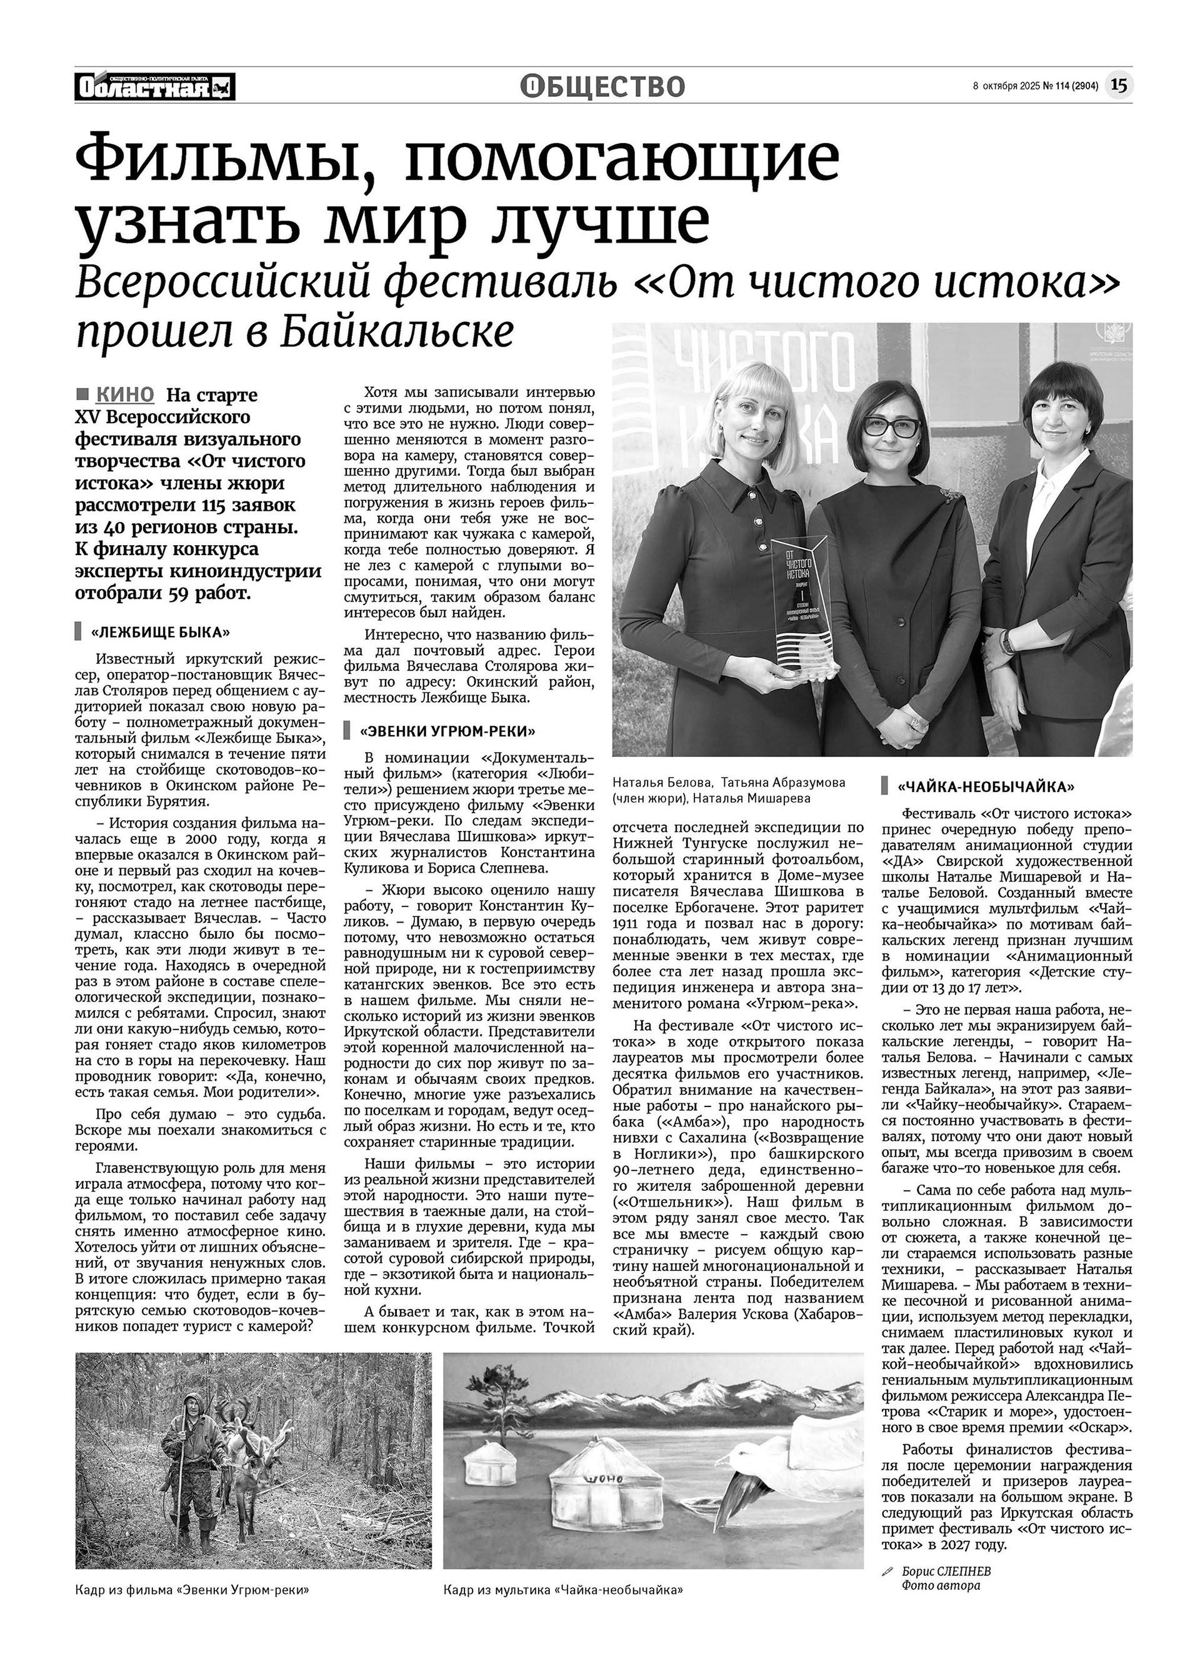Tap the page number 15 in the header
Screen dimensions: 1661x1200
pos(1118,86)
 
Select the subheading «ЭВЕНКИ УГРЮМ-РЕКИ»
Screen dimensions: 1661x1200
pos(447,731)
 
